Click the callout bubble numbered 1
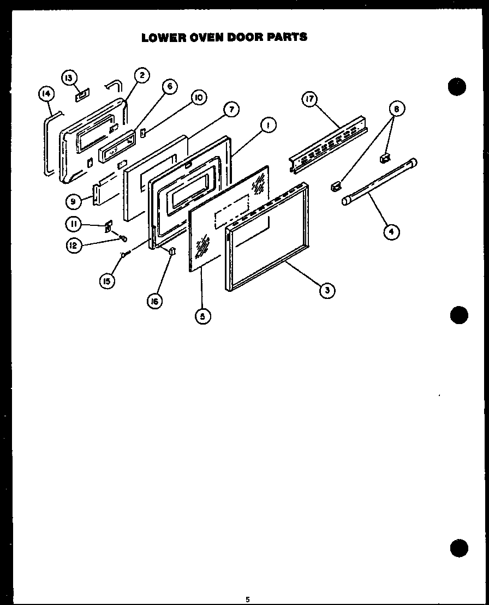267,126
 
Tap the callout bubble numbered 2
141,76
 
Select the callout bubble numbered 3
326,290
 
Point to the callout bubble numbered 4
391,232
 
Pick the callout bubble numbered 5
203,316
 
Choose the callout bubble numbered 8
396,110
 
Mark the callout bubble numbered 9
73,201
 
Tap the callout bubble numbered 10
198,98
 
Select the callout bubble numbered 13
69,77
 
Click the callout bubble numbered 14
46,94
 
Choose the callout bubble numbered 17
309,99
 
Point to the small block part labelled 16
172,251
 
